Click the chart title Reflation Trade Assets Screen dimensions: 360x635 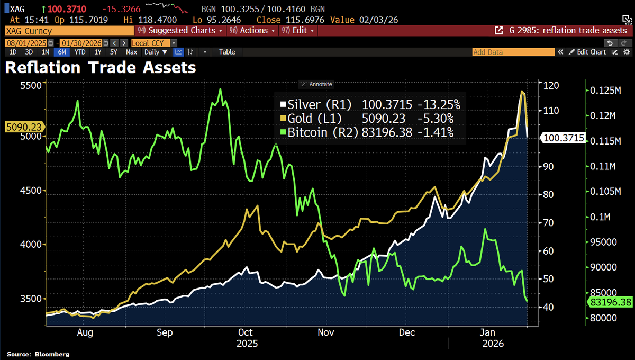101,68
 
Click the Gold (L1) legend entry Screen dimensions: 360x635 314,119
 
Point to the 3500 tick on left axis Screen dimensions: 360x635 31,299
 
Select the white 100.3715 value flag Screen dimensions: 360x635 563,138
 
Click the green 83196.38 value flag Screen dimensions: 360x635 610,302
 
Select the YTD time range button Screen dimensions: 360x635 80,52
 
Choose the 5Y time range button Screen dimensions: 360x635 113,52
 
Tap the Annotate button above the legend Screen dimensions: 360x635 316,84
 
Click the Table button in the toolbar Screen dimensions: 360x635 227,52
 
